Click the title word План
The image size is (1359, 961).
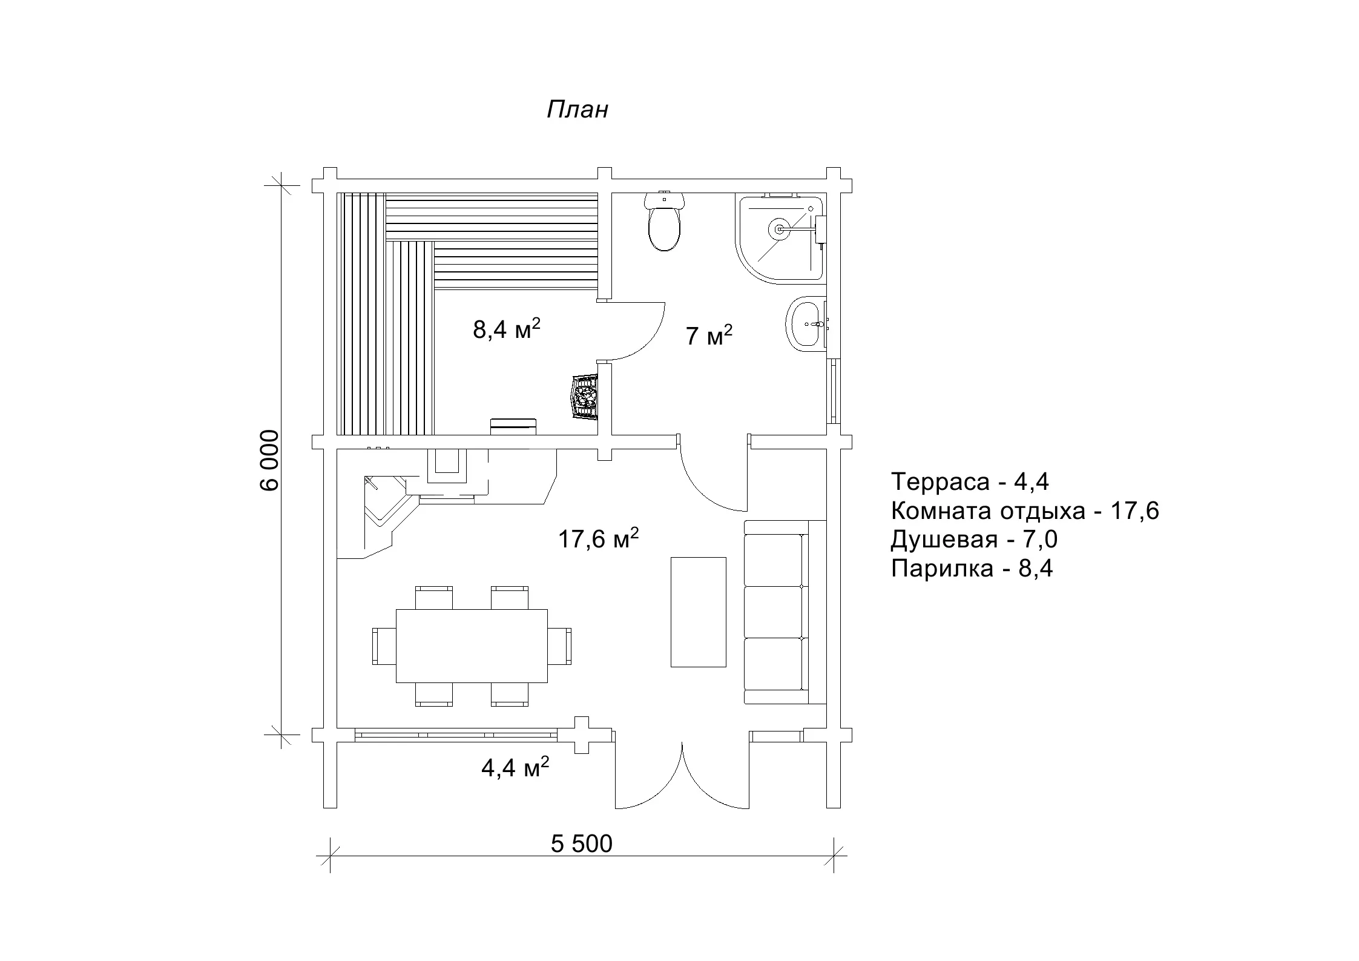pyautogui.click(x=577, y=110)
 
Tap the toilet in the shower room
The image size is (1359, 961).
pyautogui.click(x=665, y=221)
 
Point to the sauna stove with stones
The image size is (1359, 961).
pyautogui.click(x=585, y=397)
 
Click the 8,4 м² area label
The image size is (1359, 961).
pyautogui.click(x=506, y=330)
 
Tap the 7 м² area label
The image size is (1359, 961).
pyautogui.click(x=709, y=335)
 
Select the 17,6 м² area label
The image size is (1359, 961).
pyautogui.click(x=598, y=538)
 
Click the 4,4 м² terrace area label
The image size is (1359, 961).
pyautogui.click(x=515, y=767)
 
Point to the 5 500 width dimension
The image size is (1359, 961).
pyautogui.click(x=582, y=844)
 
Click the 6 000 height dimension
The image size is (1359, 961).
pyautogui.click(x=270, y=460)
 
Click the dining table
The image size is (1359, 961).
pyautogui.click(x=472, y=646)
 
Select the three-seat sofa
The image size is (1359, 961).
pyautogui.click(x=785, y=612)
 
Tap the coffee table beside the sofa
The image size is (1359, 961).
pyautogui.click(x=698, y=612)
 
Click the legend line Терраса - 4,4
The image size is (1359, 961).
pyautogui.click(x=970, y=482)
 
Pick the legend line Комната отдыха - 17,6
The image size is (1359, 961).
pyautogui.click(x=1025, y=511)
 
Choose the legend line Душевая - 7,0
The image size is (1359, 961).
pyautogui.click(x=974, y=540)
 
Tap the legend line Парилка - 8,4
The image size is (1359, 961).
pyautogui.click(x=972, y=569)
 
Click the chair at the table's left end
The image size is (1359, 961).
pyautogui.click(x=384, y=646)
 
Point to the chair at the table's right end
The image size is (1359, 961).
pyautogui.click(x=559, y=646)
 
